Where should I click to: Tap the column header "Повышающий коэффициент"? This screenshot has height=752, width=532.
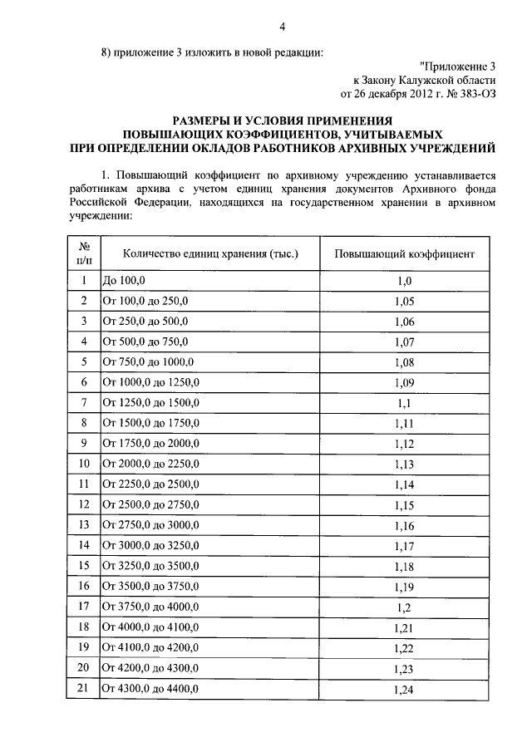point(404,253)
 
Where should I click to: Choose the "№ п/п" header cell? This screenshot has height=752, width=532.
point(84,253)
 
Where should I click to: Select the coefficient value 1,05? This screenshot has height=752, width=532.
point(404,301)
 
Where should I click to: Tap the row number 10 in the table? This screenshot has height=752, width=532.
point(84,463)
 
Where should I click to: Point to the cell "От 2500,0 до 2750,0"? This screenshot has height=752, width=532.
point(150,504)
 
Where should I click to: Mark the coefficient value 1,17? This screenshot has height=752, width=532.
point(404,544)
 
